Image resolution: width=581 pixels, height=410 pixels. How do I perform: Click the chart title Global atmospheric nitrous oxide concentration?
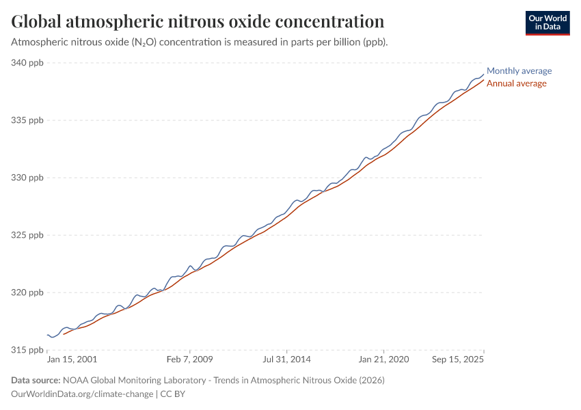pyautogui.click(x=198, y=21)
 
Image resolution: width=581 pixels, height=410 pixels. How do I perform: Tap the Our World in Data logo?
pyautogui.click(x=548, y=23)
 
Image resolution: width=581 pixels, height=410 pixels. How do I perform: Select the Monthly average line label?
pyautogui.click(x=519, y=71)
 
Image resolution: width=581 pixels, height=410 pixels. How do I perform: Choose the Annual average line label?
pyautogui.click(x=516, y=83)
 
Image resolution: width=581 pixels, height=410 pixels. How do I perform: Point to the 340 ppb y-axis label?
pyautogui.click(x=27, y=63)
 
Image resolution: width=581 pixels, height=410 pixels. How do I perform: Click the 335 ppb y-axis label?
pyautogui.click(x=27, y=120)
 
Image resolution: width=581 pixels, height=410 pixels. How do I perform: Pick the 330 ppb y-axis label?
pyautogui.click(x=27, y=178)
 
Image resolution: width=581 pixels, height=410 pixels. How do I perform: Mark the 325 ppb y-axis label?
pyautogui.click(x=27, y=235)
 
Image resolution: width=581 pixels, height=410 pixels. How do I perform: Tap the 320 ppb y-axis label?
pyautogui.click(x=27, y=292)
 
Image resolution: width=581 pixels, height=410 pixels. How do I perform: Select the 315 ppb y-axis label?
pyautogui.click(x=27, y=350)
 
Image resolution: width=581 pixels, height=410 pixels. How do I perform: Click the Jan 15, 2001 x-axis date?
pyautogui.click(x=72, y=359)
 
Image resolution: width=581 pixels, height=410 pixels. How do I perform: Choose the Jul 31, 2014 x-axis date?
pyautogui.click(x=288, y=359)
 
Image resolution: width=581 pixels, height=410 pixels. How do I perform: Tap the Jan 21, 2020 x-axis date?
pyautogui.click(x=383, y=359)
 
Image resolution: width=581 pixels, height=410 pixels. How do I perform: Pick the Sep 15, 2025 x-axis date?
pyautogui.click(x=457, y=359)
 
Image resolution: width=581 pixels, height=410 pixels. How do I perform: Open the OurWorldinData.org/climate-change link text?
pyautogui.click(x=82, y=394)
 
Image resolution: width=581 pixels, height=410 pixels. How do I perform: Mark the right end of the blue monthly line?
pyautogui.click(x=483, y=74)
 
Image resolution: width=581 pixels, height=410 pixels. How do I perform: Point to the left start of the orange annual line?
pyautogui.click(x=64, y=334)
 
